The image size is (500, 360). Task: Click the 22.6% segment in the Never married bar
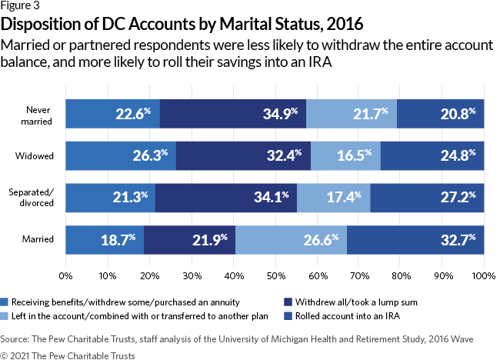click(x=112, y=114)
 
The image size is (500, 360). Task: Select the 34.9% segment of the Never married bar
click(x=232, y=114)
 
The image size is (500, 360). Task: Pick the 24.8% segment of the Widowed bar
click(x=432, y=156)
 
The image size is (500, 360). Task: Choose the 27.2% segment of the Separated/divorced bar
click(x=427, y=198)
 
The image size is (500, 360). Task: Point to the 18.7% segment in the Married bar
click(x=105, y=240)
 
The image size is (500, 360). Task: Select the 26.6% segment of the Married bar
click(x=292, y=240)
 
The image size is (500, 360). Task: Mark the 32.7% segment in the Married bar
click(x=415, y=240)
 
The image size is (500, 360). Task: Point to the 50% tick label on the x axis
click(x=275, y=274)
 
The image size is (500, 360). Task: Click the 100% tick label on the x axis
click(x=483, y=274)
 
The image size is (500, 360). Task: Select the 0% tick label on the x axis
click(x=65, y=274)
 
